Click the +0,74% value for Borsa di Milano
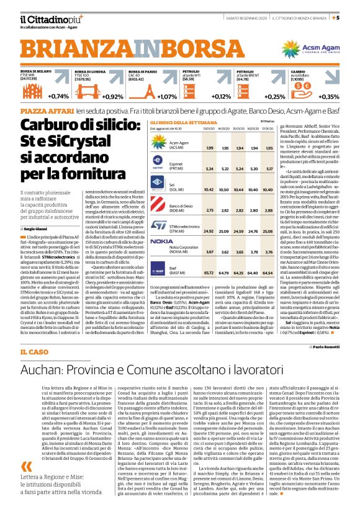(x=59, y=96)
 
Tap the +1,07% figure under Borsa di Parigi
(x=167, y=96)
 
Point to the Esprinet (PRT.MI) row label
(x=181, y=168)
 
